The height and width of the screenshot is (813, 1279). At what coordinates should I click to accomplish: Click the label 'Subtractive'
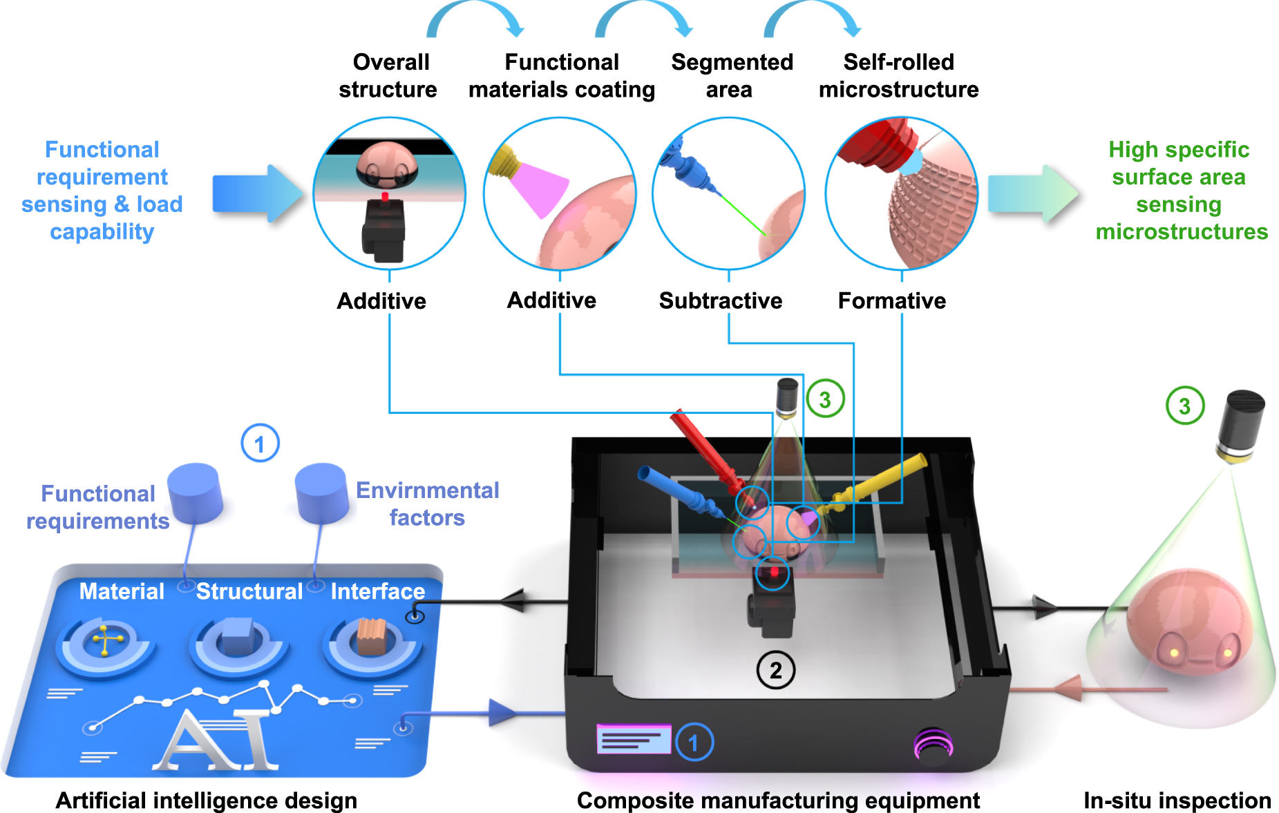pos(720,300)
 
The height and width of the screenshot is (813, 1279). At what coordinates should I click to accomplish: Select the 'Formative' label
pos(891,300)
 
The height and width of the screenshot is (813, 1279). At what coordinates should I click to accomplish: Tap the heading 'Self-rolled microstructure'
pos(898,76)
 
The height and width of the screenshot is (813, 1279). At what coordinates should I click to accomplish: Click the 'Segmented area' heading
pos(732,76)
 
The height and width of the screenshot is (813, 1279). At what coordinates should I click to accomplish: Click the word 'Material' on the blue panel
pos(122,591)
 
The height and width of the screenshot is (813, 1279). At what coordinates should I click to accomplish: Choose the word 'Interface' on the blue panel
pos(377,591)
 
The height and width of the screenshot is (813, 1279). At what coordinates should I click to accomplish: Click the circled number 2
pos(776,670)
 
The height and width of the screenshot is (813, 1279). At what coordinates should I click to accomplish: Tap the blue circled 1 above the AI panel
pos(260,443)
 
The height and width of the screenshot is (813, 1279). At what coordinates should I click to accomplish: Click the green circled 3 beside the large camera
pos(1185,406)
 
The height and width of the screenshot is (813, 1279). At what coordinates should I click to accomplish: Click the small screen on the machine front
pos(634,740)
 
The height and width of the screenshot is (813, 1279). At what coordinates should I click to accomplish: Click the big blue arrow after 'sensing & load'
pos(257,193)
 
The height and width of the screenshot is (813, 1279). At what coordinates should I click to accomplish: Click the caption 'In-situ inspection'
pos(1177,800)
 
